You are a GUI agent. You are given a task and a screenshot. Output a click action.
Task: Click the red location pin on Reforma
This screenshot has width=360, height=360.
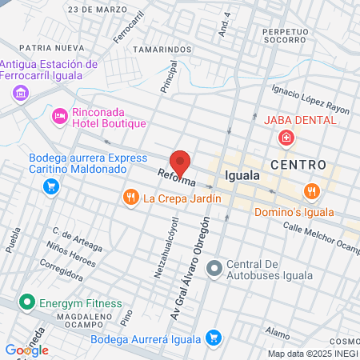(181, 162)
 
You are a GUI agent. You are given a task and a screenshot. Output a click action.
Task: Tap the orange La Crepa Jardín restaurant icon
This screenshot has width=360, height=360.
(129, 197)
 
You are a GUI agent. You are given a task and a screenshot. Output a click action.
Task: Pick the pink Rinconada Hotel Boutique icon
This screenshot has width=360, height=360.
(59, 118)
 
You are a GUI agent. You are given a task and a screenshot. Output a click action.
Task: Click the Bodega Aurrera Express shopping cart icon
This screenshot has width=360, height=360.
(51, 187)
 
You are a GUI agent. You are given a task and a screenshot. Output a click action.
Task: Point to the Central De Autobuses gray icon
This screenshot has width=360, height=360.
(213, 270)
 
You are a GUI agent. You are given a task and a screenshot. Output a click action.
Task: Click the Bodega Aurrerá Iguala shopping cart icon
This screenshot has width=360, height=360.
(213, 338)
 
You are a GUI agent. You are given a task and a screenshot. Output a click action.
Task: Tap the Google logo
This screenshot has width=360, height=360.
(26, 350)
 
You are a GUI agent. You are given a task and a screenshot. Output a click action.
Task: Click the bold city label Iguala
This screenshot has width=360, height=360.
(242, 174)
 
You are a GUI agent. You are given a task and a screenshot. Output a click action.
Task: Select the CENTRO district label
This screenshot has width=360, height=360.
(298, 165)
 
